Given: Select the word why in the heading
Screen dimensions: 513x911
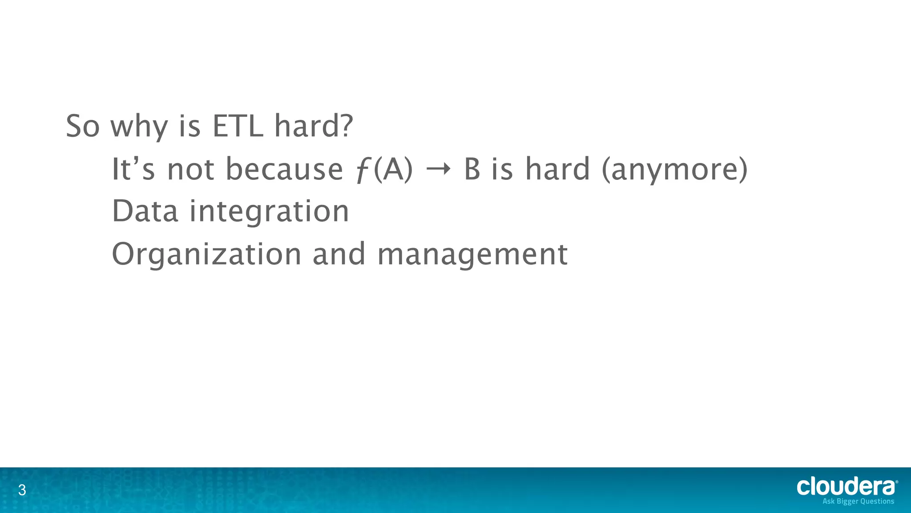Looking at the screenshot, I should coord(139,127).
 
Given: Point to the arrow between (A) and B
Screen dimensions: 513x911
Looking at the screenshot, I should coord(438,170).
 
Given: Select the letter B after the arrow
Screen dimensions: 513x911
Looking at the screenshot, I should coord(472,170).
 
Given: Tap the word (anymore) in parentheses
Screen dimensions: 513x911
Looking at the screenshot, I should coord(674,170).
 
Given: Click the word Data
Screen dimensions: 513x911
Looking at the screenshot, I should coord(145,211).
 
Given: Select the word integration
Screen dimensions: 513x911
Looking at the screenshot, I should coord(270,212).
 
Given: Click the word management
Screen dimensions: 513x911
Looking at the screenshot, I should coord(472,255).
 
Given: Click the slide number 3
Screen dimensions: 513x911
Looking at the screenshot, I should coord(22,491).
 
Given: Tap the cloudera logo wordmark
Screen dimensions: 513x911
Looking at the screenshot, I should coord(847,486).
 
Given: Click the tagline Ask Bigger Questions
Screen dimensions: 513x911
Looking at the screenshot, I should coord(858,501).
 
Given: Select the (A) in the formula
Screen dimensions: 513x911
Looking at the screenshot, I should coord(393,170).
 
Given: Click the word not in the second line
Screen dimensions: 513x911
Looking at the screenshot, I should coord(191,170).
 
